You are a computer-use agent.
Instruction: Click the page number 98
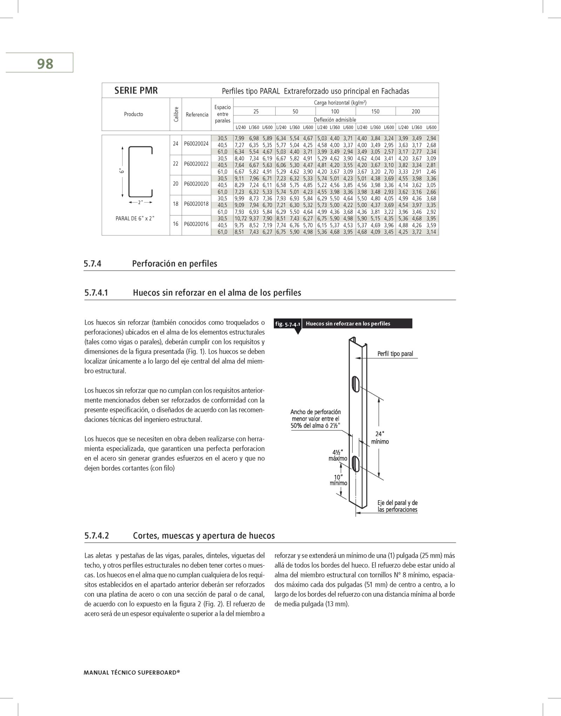tap(45, 64)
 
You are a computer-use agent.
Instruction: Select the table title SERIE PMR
tap(136, 91)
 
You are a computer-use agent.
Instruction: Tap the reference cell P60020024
tap(196, 144)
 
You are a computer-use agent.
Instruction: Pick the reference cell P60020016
tap(196, 224)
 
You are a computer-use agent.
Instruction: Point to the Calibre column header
tap(176, 114)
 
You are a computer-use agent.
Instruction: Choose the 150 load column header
tap(375, 112)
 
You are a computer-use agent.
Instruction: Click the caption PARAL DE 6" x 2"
tap(135, 218)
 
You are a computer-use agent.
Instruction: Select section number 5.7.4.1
tap(96, 293)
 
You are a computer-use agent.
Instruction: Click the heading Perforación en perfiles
tap(175, 264)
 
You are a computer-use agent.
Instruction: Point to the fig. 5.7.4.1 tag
tap(288, 324)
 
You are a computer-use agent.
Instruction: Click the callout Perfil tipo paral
tap(395, 354)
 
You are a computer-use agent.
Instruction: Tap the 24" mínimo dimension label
tap(380, 438)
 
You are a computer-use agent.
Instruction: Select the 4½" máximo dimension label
tap(338, 455)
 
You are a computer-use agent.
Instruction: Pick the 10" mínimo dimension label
tap(338, 480)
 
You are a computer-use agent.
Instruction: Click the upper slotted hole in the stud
tap(356, 384)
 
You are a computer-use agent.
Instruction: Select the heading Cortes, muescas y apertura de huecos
tap(204, 536)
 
